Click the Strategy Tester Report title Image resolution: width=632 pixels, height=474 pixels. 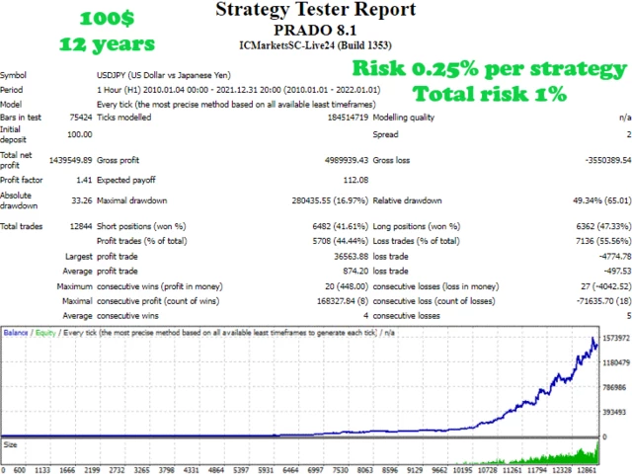[315, 11]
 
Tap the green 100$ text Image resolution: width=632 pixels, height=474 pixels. [107, 19]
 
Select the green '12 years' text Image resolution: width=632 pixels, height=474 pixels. [107, 43]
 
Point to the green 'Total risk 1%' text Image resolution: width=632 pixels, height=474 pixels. [490, 94]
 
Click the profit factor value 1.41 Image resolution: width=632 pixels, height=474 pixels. [81, 181]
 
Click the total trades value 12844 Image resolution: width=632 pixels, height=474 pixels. [78, 227]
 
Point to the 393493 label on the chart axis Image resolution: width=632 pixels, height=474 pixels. [613, 413]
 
